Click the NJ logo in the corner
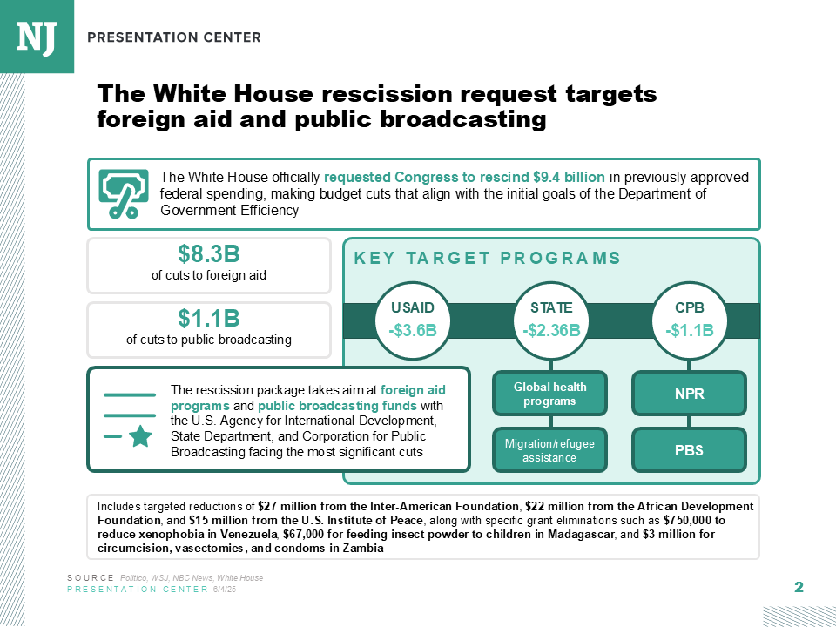36,36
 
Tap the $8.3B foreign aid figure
209,254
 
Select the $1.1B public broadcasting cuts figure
209,319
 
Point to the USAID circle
412,320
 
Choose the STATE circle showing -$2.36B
551,320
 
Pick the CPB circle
690,320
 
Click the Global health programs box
549,394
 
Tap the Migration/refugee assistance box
549,450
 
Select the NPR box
690,394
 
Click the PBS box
690,450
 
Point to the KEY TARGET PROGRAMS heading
487,258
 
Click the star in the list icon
138,437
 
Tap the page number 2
798,588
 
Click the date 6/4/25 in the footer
225,590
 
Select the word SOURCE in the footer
91,578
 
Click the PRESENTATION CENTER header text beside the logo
174,37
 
